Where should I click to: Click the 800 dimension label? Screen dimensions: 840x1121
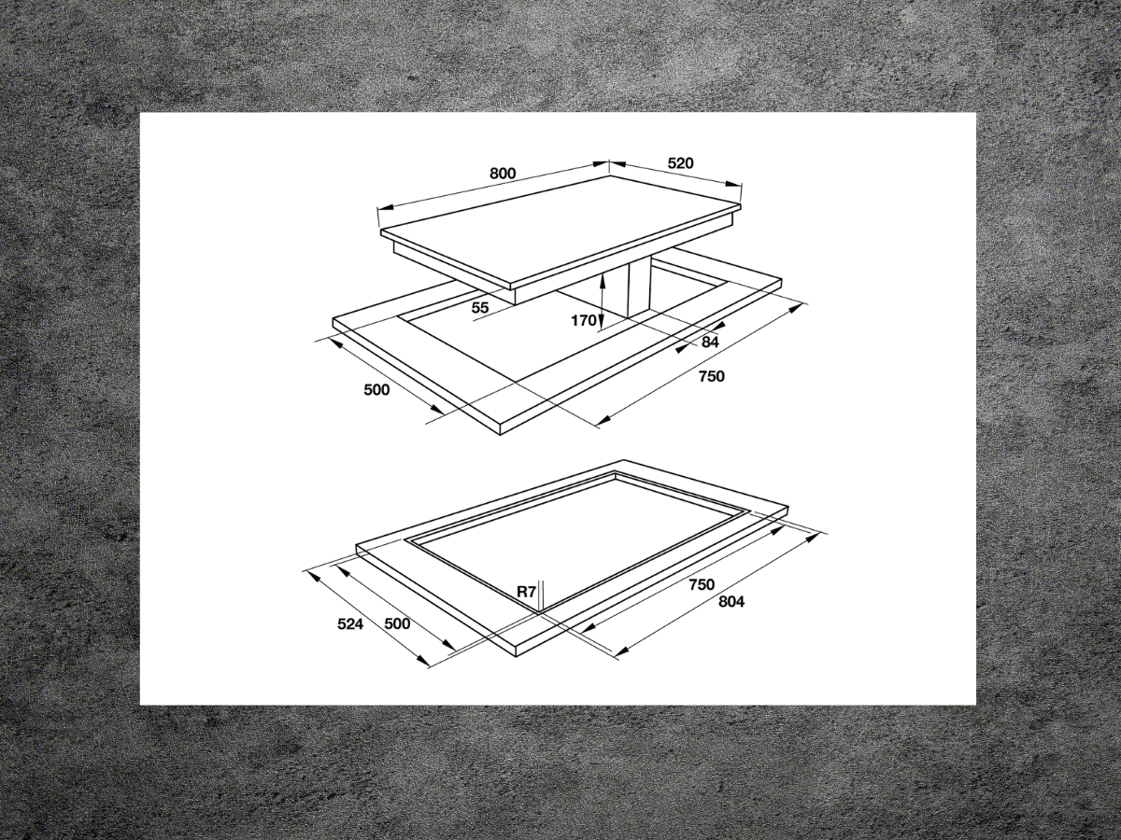(503, 174)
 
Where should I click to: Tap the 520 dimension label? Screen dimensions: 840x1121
(680, 163)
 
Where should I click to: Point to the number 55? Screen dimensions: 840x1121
(480, 307)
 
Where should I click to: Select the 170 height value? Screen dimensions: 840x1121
(584, 321)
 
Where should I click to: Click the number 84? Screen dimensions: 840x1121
(710, 343)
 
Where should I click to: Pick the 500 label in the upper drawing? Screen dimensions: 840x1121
(376, 390)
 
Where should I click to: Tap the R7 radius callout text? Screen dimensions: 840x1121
(527, 591)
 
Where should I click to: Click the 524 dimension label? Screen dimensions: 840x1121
(351, 624)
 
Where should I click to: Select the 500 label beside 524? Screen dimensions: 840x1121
(397, 624)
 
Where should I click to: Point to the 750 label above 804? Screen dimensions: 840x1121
(701, 584)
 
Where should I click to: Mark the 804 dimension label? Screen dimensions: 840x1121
(731, 602)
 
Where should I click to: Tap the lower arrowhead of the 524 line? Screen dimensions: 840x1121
(428, 664)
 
